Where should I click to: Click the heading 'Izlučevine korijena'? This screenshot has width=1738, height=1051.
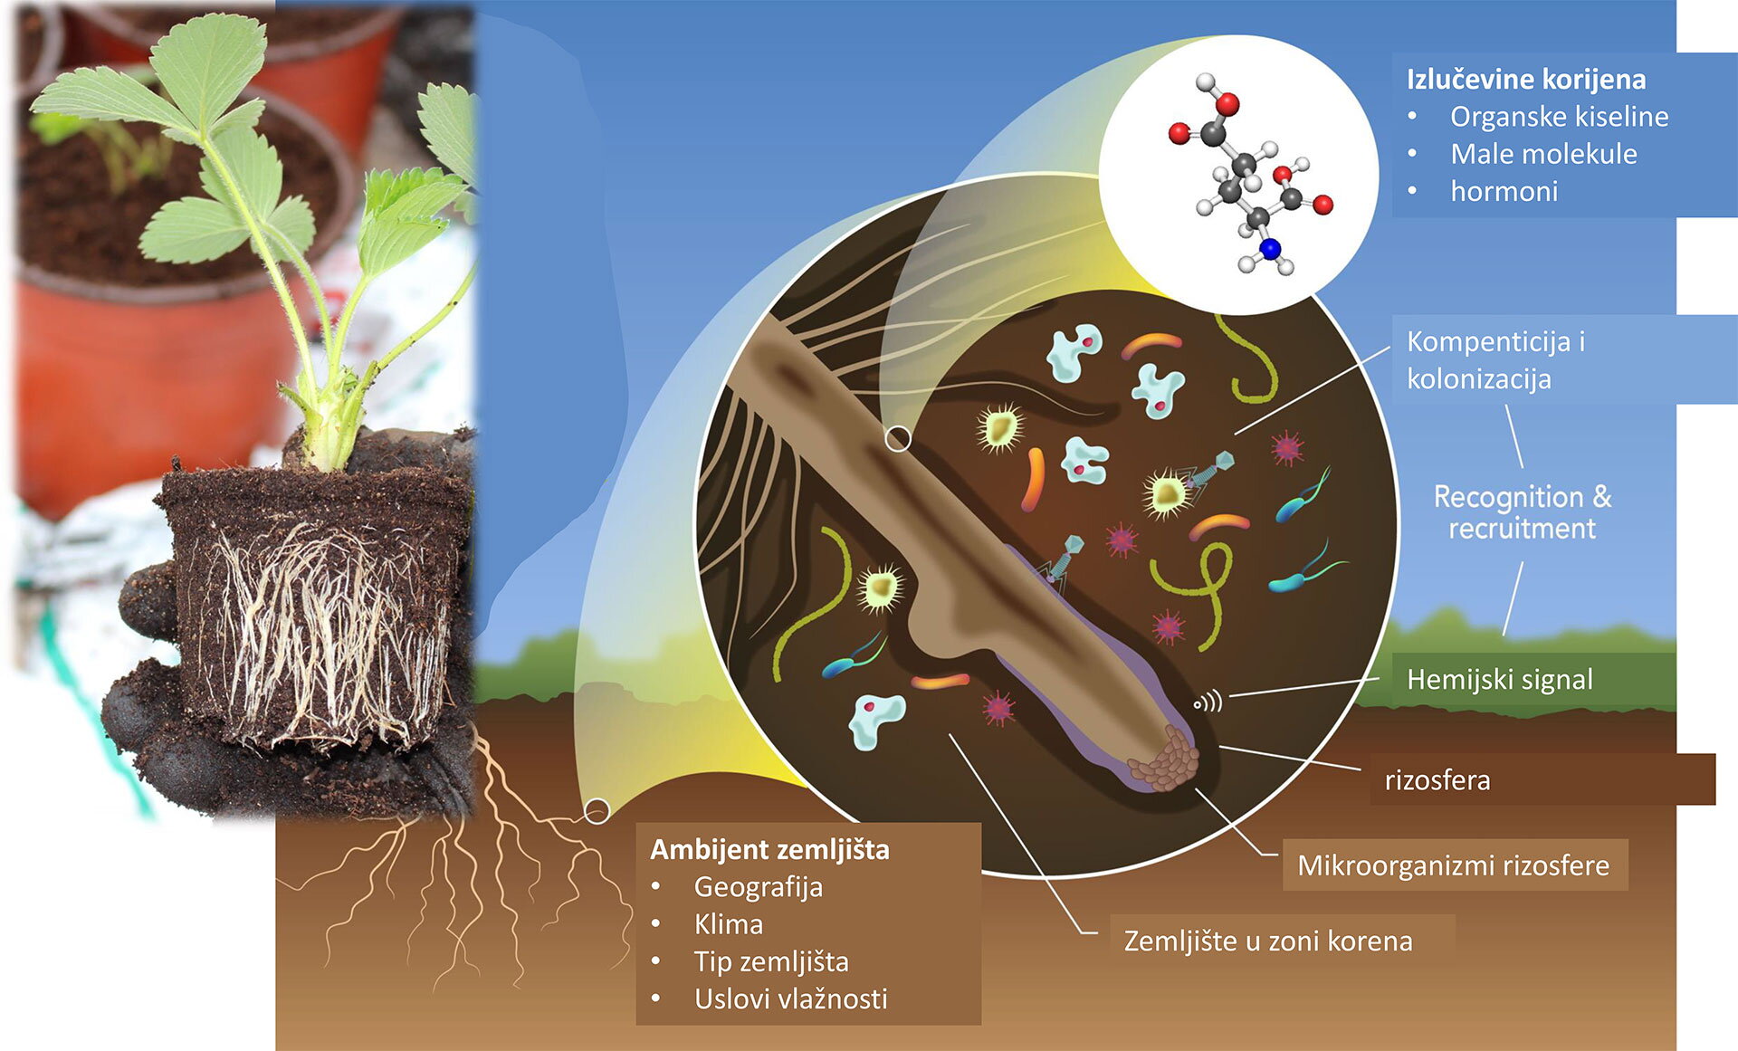tap(1526, 80)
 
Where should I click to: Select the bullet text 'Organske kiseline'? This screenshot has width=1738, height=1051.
tap(1559, 117)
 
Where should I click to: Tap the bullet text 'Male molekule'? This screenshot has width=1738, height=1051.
tap(1543, 154)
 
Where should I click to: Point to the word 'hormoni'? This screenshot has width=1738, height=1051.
tap(1504, 191)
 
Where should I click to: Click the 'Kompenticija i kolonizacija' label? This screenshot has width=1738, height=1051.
tap(1496, 360)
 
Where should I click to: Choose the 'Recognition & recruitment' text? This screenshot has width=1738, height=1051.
tap(1523, 512)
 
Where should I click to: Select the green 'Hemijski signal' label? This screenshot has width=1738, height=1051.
tap(1500, 680)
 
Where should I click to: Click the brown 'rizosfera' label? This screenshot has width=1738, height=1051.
tap(1437, 780)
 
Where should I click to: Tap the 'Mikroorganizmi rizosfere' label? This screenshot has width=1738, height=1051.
tap(1453, 865)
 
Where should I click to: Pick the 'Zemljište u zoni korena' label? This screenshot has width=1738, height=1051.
tap(1267, 941)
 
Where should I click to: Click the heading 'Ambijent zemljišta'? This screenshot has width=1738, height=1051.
tap(769, 850)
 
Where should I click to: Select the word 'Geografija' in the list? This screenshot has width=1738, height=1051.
tap(758, 887)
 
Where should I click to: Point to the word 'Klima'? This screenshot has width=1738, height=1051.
tap(728, 924)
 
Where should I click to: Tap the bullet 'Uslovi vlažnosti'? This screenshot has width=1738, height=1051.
tap(790, 999)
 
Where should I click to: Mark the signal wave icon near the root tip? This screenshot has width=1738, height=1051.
tap(1208, 702)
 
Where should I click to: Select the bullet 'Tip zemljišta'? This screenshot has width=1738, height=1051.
tap(771, 962)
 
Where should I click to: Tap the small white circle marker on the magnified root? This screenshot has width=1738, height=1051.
tap(897, 439)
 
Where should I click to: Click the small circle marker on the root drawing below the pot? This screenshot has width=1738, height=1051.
tap(597, 811)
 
